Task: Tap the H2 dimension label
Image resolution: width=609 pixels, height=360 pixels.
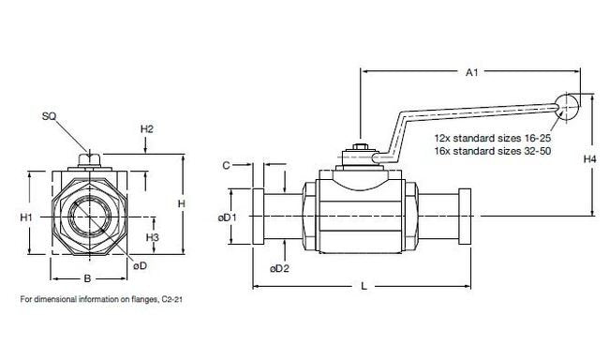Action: [x=147, y=128]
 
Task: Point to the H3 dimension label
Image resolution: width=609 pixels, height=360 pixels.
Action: [x=152, y=238]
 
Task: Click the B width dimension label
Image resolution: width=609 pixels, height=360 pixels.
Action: [x=87, y=278]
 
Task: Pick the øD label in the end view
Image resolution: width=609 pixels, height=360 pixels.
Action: [x=140, y=267]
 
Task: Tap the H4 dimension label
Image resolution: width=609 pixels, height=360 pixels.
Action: [x=589, y=159]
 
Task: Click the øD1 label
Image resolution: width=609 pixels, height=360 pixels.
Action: [x=229, y=217]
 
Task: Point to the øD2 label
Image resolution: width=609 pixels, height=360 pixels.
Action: [x=279, y=268]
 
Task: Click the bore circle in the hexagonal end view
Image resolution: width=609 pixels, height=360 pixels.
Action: [x=87, y=217]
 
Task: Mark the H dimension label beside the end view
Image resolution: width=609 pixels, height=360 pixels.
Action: [x=181, y=204]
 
